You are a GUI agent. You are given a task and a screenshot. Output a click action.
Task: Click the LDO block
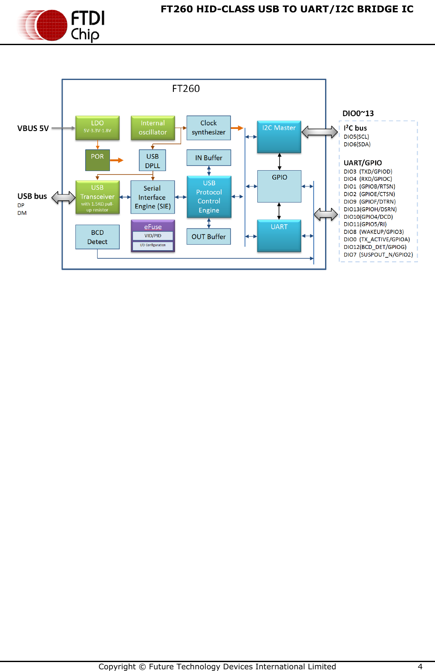[x=97, y=128]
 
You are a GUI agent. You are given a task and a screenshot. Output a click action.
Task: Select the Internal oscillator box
[x=153, y=128]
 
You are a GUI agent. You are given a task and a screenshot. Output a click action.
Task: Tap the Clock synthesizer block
[x=208, y=128]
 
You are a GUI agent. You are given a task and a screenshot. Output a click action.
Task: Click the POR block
[x=97, y=160]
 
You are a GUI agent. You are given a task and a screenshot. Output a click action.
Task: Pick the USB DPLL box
[x=152, y=160]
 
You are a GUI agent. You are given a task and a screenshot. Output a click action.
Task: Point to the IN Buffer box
[x=208, y=158]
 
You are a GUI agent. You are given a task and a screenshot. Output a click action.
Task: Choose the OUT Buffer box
[x=208, y=237]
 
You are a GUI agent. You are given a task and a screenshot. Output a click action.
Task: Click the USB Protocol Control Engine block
[x=209, y=197]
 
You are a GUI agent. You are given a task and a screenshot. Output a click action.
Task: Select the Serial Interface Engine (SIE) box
[x=152, y=197]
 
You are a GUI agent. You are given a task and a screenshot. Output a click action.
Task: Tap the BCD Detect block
[x=97, y=237]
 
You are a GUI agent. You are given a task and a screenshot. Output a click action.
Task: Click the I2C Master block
[x=279, y=137]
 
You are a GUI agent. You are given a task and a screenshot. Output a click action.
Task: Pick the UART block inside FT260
[x=279, y=236]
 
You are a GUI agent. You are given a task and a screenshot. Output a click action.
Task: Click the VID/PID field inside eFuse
[x=153, y=236]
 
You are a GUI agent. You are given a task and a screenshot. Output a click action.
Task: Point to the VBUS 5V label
[x=33, y=128]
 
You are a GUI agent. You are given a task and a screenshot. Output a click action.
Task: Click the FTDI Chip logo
[x=62, y=25]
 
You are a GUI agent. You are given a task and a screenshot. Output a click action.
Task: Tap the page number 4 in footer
[x=420, y=666]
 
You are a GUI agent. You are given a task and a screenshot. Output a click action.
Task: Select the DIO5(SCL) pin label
[x=356, y=137]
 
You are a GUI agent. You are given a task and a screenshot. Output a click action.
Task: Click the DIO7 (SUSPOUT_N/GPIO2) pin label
[x=378, y=254]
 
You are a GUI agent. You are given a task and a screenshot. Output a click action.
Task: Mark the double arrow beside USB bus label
[x=63, y=197]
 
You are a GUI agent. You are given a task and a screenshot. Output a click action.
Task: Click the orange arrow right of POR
[x=116, y=160]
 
